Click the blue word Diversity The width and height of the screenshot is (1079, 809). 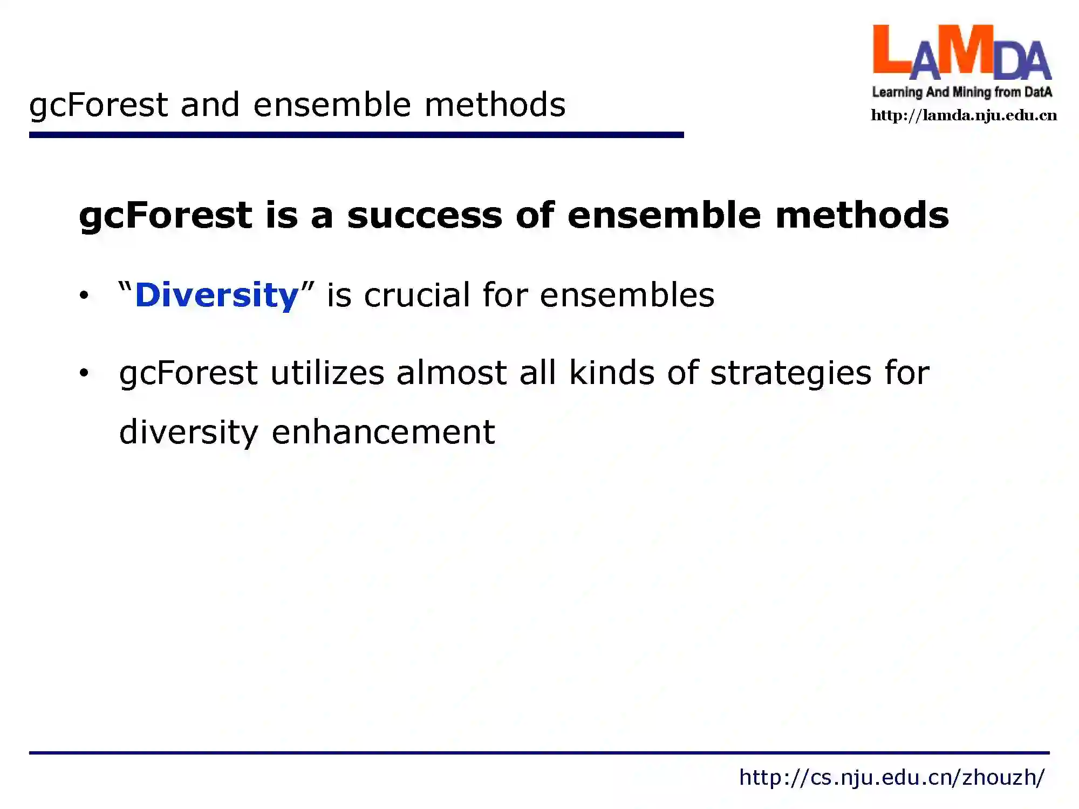click(216, 296)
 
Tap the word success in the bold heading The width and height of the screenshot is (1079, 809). click(425, 215)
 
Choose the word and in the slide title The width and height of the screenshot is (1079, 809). click(210, 104)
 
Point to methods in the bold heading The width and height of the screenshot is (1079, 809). click(862, 215)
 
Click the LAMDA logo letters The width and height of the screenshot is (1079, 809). click(962, 52)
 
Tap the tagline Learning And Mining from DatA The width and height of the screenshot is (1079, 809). click(962, 92)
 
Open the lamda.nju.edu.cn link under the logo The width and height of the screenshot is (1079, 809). click(964, 115)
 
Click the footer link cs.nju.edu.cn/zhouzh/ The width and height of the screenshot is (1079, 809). click(892, 778)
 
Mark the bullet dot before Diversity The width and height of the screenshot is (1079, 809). click(84, 296)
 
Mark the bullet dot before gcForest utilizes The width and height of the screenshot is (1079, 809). click(84, 373)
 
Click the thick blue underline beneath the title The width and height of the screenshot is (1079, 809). click(356, 135)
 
